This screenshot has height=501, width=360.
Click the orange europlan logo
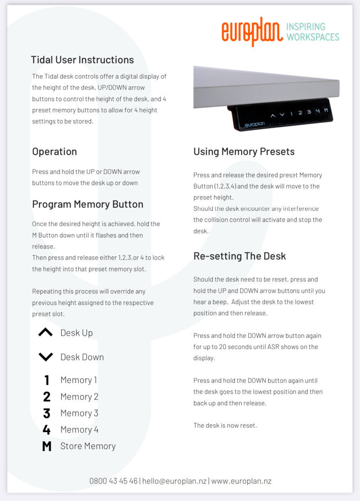click(252, 32)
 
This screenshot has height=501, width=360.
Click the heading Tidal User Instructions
click(82, 60)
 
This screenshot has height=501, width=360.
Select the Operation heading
click(54, 152)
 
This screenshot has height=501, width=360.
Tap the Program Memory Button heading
click(88, 204)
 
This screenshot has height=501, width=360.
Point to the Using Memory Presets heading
click(244, 152)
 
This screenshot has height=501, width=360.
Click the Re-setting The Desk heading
click(239, 256)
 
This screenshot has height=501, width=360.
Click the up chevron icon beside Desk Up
click(45, 333)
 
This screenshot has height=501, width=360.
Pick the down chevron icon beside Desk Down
click(45, 357)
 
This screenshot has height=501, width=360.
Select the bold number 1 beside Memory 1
click(46, 380)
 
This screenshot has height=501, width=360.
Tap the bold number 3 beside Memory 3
click(46, 413)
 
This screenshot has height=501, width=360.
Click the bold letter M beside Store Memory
click(46, 446)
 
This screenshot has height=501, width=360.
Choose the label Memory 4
click(79, 429)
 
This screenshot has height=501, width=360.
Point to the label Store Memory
click(88, 446)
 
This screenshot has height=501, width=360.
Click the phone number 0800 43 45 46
click(113, 481)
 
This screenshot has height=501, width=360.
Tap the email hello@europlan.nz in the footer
click(175, 481)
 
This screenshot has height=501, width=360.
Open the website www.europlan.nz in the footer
click(241, 481)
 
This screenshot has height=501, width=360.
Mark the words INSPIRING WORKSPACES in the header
click(313, 32)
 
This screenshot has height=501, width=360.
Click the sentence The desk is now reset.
click(225, 425)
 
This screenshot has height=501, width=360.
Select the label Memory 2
click(79, 397)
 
